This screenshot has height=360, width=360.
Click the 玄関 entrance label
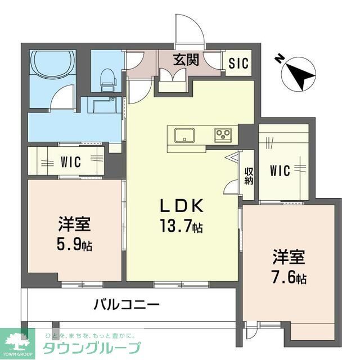pos(185,60)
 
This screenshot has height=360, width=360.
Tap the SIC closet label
pos(238,63)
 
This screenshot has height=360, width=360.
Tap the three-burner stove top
pos(222,135)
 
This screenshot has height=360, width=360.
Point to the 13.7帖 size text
pos(182,227)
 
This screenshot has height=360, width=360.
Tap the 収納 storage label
pos(249,176)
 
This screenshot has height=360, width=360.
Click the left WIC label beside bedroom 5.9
pos(71,163)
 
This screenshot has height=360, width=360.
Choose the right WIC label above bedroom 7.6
pos(280,170)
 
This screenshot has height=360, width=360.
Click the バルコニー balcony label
pos(126,305)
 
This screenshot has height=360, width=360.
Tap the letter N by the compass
pos(280,58)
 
